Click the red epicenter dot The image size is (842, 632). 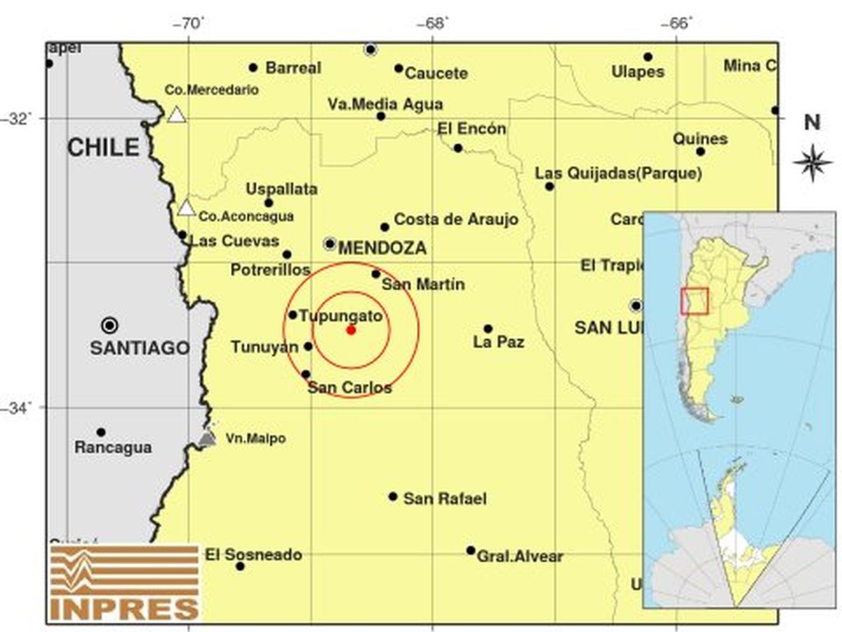point(351,329)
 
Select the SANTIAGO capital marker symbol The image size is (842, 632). point(109,325)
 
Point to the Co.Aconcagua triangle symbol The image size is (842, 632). point(186,208)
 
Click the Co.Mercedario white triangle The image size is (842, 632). point(177,114)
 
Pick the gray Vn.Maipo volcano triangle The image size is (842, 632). point(207,438)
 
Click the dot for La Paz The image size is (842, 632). point(488,329)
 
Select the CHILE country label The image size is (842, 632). point(103,147)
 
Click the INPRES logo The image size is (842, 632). point(125,582)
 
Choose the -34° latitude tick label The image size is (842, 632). point(18,408)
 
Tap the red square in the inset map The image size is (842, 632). point(695,301)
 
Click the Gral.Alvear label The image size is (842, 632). point(520,557)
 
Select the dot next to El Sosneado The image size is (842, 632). point(240,566)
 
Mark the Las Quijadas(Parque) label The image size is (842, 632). point(618,173)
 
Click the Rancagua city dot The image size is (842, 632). point(101,432)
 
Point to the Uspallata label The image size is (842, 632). point(281,190)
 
